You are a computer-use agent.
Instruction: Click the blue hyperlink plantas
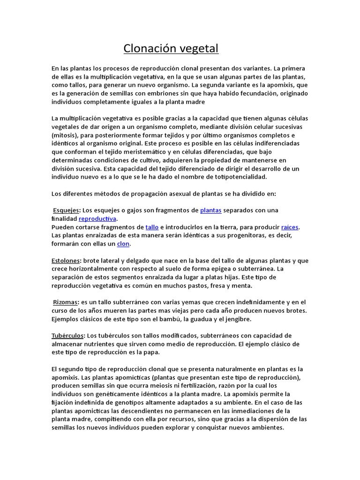click(x=210, y=210)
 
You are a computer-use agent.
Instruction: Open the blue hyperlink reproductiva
click(x=97, y=218)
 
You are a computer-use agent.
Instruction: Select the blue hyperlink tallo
click(x=152, y=227)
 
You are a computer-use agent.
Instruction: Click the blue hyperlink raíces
click(x=290, y=227)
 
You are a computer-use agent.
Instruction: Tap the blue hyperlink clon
click(x=123, y=244)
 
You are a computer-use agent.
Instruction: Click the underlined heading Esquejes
click(x=66, y=210)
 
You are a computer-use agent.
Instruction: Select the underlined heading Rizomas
click(x=66, y=302)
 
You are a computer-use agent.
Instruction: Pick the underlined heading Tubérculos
click(x=68, y=336)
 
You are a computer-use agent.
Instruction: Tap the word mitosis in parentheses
click(x=65, y=135)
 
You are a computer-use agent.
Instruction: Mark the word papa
click(x=152, y=352)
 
